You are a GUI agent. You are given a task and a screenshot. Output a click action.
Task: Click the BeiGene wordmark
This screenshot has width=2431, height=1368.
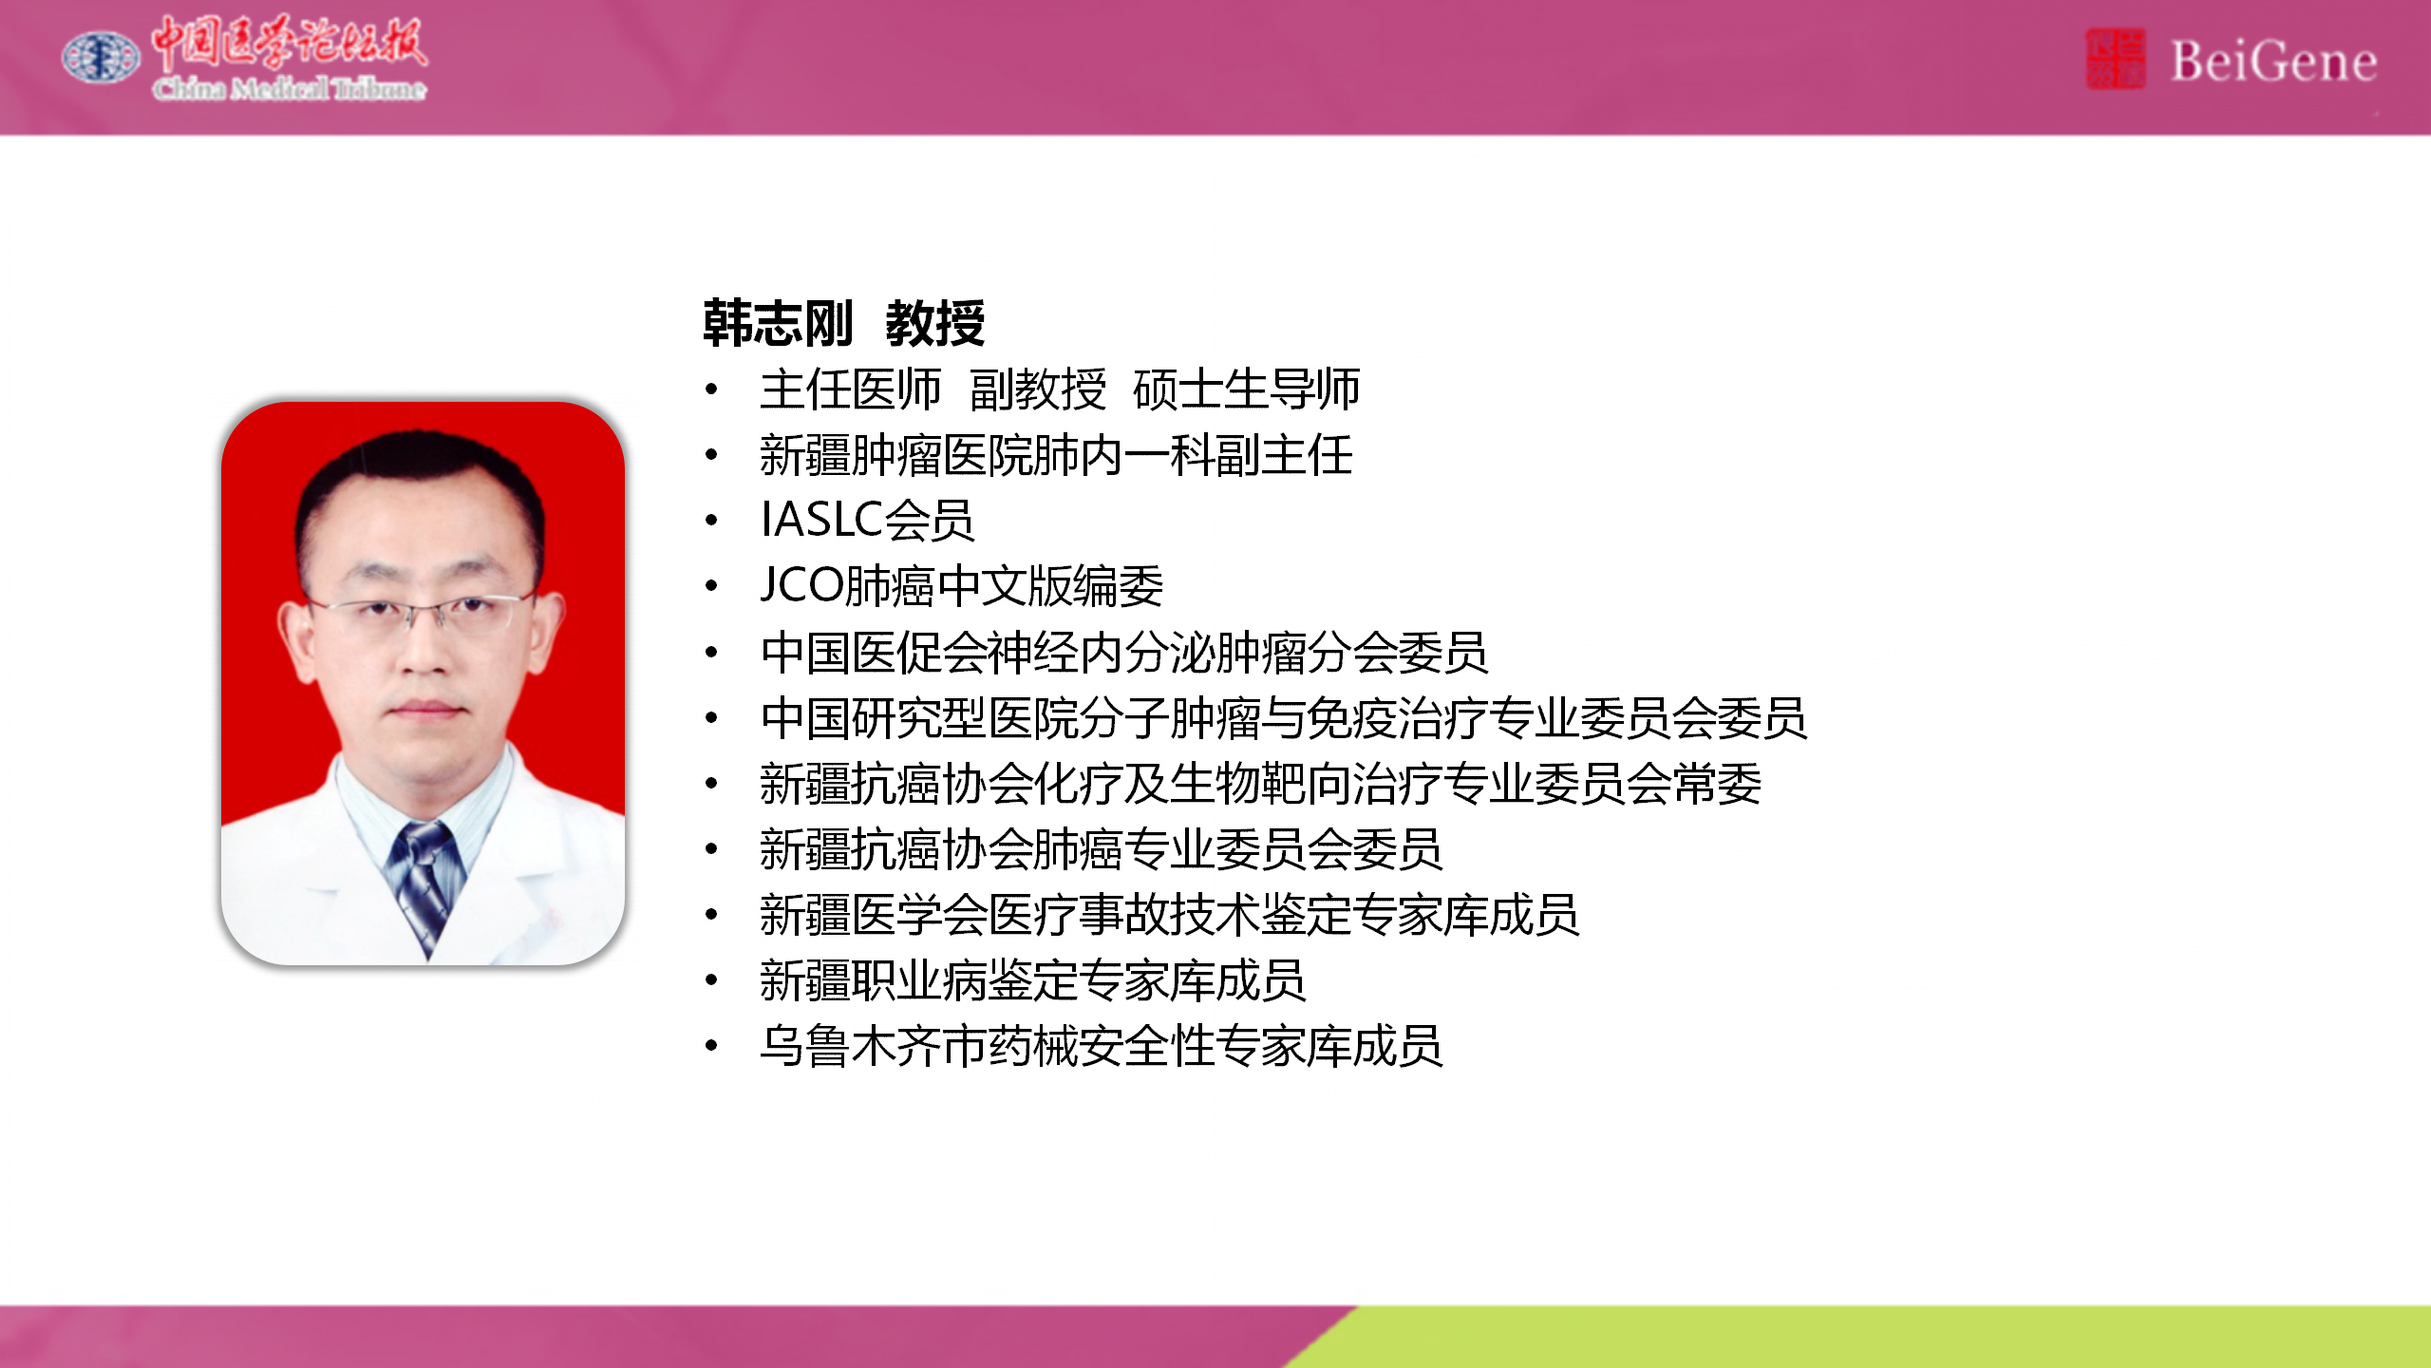point(2273,62)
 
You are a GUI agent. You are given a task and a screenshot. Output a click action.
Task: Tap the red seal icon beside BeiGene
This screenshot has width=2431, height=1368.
point(2115,59)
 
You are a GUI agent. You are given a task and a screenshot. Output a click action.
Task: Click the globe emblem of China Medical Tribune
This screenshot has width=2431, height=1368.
point(101,57)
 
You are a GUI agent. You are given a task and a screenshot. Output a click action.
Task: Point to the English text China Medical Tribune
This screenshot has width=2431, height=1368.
point(290,88)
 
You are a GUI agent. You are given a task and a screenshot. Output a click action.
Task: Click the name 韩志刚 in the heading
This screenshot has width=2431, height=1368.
point(778,323)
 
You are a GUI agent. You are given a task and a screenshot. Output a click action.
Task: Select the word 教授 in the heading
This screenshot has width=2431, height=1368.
point(935,323)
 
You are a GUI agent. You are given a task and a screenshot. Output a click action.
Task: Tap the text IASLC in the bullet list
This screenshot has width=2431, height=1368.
point(822,520)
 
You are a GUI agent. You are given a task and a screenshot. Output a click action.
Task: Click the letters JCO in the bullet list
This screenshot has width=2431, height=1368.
point(801,585)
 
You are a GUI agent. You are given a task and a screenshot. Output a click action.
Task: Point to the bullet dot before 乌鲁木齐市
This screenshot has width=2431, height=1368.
point(712,1046)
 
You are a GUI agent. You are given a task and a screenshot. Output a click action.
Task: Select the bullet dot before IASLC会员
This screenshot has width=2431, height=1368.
point(712,520)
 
